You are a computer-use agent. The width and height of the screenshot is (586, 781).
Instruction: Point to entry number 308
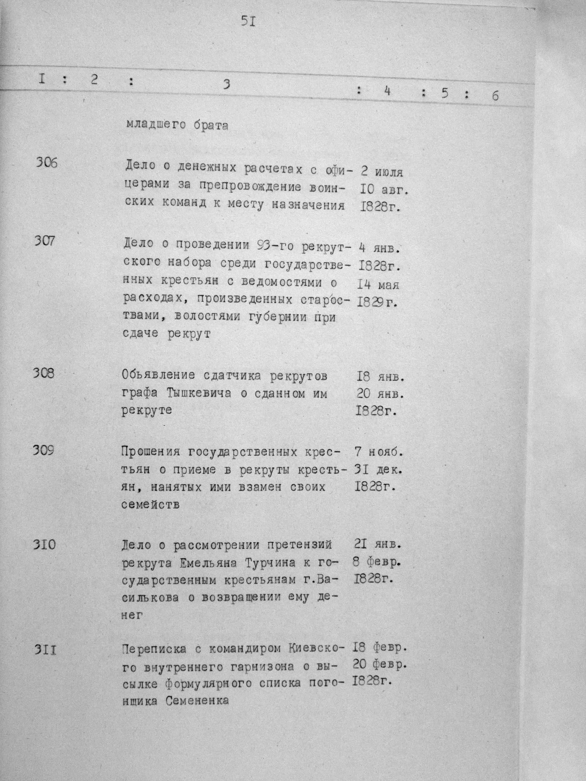tap(44, 373)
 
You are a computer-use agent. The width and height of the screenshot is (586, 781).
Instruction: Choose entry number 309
tap(43, 450)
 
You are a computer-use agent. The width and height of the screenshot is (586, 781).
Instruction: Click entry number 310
tap(44, 545)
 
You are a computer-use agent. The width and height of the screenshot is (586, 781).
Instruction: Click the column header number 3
tap(227, 84)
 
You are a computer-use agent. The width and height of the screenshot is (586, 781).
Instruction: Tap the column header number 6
tap(495, 96)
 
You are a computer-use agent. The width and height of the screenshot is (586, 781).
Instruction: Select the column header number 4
tap(387, 91)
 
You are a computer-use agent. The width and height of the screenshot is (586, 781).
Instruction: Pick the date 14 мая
tap(378, 284)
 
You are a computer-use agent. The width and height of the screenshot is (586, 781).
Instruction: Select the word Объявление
tap(158, 375)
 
